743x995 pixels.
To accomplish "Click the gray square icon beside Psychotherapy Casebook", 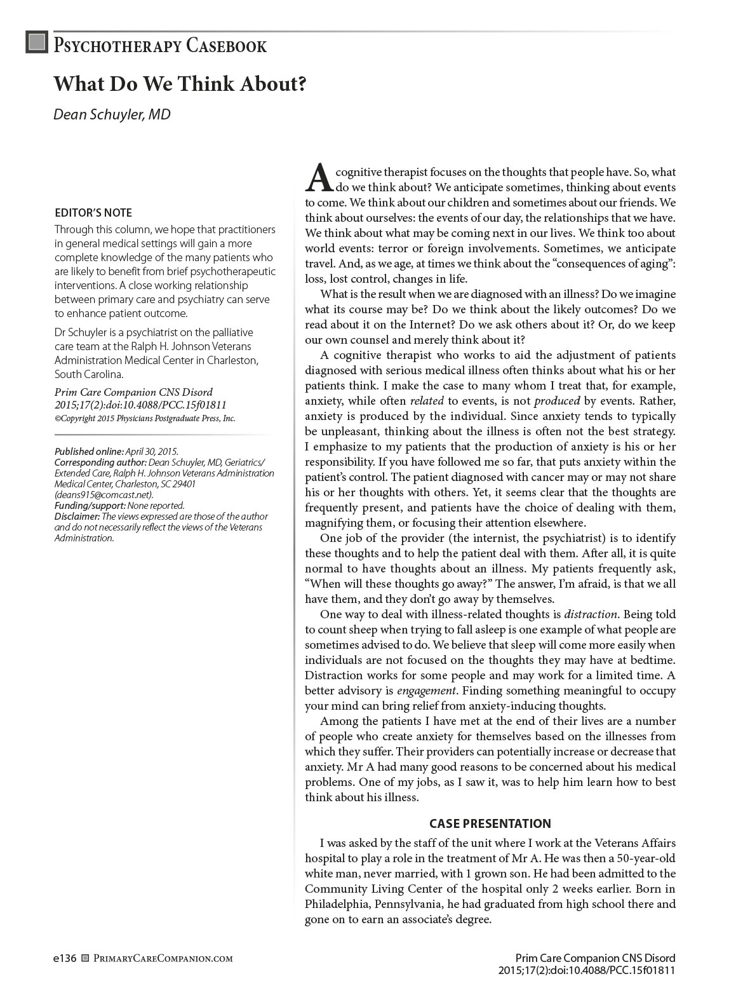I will (x=37, y=42).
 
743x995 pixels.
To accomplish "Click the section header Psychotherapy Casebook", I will (x=160, y=46).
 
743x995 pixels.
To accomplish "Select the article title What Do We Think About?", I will (x=180, y=84).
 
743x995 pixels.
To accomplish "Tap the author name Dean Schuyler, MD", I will (x=112, y=114).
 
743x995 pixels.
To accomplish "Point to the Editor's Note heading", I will (x=93, y=213).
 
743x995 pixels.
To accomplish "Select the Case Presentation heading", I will (x=490, y=823).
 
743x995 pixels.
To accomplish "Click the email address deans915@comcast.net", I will (x=104, y=494).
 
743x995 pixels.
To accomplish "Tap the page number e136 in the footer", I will (x=65, y=958).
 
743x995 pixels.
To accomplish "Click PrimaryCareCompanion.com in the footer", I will (x=163, y=958).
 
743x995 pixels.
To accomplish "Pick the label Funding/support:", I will (x=90, y=506).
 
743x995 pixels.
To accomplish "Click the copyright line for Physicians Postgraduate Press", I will (x=145, y=418).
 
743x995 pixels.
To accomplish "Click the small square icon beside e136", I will (x=86, y=958).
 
